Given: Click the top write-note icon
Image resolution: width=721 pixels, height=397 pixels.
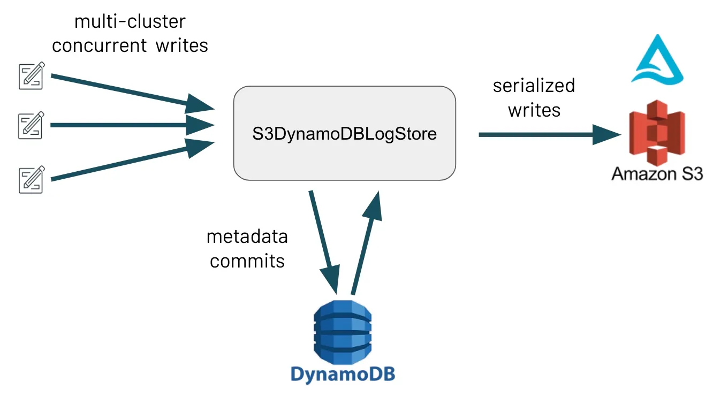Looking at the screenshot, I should (32, 75).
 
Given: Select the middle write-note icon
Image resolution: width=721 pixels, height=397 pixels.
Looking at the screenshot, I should (31, 125).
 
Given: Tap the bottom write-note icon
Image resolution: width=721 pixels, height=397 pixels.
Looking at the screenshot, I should (32, 179).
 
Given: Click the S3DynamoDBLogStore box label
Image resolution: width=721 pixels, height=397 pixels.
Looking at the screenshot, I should (344, 133).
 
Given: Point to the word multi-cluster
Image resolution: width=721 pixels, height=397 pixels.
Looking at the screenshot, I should (130, 22).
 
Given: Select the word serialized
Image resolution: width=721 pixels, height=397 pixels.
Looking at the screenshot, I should (534, 86).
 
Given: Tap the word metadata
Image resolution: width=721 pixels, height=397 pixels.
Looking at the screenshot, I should (247, 236).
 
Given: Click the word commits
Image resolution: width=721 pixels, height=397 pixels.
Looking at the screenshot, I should (247, 261).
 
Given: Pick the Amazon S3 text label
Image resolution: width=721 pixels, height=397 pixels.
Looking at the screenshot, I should (657, 173).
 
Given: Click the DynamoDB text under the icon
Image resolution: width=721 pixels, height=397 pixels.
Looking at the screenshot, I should (343, 373).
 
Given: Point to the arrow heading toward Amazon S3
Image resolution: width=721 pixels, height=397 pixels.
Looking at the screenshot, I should (546, 135).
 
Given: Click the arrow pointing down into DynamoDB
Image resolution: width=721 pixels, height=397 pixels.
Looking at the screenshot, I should (324, 241).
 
